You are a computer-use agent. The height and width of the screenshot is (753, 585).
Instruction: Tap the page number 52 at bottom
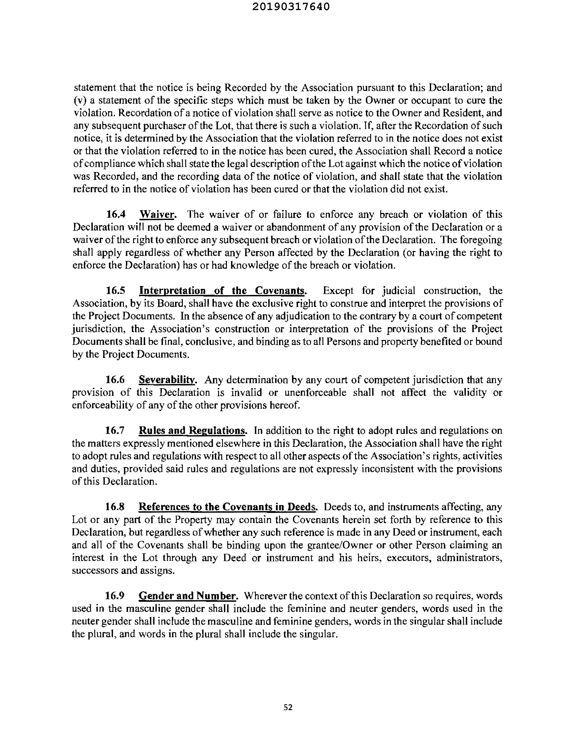coord(288,707)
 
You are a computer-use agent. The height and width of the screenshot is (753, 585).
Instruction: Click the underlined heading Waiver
coord(158,215)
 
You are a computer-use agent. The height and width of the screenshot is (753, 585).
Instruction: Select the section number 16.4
coord(116,215)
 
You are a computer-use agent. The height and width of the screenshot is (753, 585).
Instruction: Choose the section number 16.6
coord(115,380)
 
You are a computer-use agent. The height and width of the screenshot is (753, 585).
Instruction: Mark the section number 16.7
coord(115,431)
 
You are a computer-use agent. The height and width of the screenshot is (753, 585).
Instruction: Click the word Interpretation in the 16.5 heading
coord(172,291)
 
